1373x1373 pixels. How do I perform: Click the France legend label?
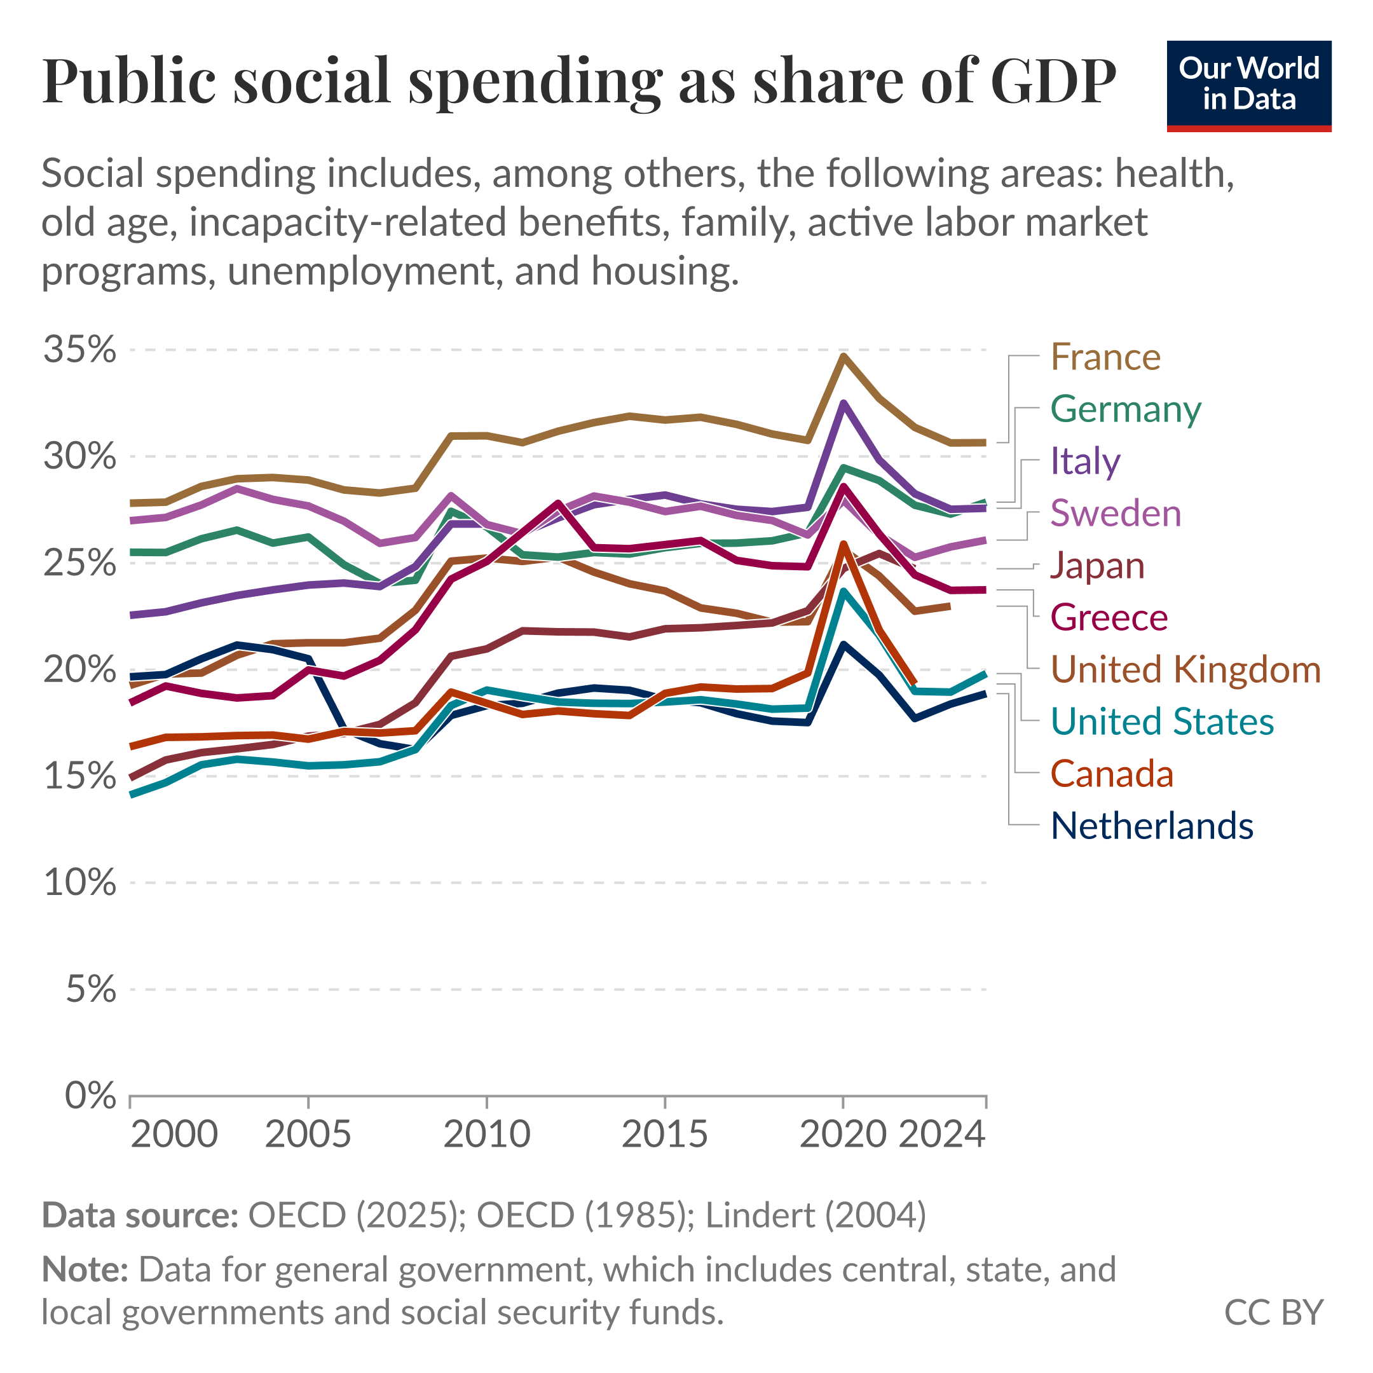click(1105, 357)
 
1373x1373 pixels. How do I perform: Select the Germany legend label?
click(1126, 409)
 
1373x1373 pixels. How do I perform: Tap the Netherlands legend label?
click(1151, 826)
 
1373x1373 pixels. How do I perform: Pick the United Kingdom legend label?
click(1185, 669)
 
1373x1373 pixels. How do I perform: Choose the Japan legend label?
click(1097, 566)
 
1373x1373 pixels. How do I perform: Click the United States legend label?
click(1162, 721)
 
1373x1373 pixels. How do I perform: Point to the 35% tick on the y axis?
click(79, 350)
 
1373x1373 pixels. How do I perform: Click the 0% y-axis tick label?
click(90, 1095)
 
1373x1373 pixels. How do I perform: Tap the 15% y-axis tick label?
click(79, 776)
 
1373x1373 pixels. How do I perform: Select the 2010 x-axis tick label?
click(487, 1133)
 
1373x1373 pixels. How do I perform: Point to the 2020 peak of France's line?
click(843, 356)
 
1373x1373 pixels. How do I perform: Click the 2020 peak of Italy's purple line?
click(843, 404)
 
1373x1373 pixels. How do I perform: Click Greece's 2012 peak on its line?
click(559, 503)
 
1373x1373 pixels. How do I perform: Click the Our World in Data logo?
click(1248, 85)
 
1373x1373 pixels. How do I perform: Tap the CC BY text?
click(1273, 1312)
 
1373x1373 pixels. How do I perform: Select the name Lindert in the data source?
click(759, 1215)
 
